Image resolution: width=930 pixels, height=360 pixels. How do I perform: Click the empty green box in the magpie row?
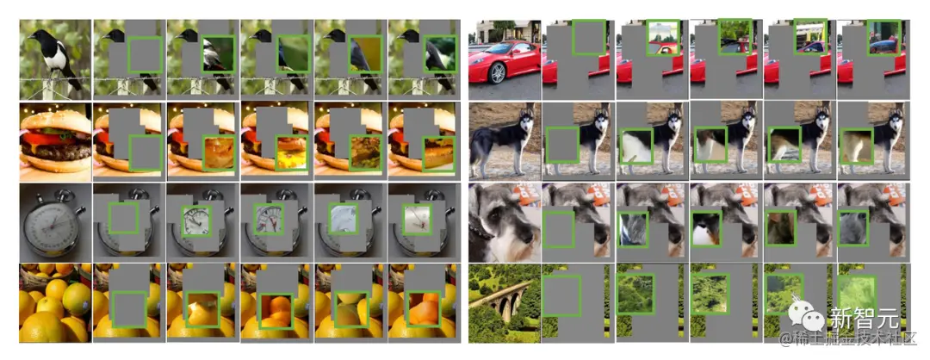coord(145,54)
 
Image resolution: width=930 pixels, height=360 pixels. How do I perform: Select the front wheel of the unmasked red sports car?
coord(497,72)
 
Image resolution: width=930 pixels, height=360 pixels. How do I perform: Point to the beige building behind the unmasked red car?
coord(504,30)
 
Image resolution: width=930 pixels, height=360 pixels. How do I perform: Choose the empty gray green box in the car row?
coord(589,37)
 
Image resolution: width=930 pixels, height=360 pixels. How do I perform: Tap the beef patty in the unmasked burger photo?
coord(55,152)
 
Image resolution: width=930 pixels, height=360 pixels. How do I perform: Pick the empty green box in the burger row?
coord(145,153)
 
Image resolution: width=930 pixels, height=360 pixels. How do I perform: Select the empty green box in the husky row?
coord(562,145)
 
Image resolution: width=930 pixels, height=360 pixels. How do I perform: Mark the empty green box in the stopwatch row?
coord(123,218)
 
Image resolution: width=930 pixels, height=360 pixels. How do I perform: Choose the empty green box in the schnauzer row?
coord(559,230)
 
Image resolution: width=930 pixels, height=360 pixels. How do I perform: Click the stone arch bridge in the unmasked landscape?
coord(504,301)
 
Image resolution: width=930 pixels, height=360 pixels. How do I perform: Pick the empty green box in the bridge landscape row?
coord(561,295)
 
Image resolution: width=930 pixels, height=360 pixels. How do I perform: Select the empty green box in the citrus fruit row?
coord(128,309)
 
